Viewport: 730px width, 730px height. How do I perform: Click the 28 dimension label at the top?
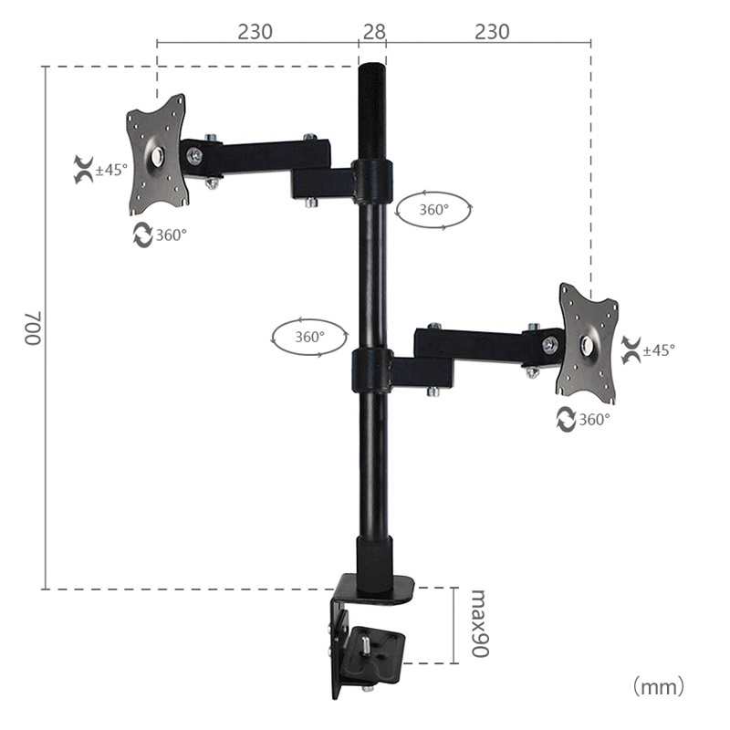pyautogui.click(x=373, y=32)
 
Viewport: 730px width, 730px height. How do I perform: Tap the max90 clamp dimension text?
pyautogui.click(x=480, y=624)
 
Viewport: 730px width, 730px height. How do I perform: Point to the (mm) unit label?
pyautogui.click(x=656, y=684)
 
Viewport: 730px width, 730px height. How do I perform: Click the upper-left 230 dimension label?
pyautogui.click(x=255, y=32)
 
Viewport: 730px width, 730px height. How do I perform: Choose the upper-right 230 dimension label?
pyautogui.click(x=492, y=32)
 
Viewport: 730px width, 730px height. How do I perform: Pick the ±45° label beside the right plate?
pyautogui.click(x=658, y=349)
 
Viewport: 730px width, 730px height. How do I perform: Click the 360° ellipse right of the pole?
pyautogui.click(x=434, y=209)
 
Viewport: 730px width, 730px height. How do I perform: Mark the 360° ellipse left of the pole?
pyautogui.click(x=309, y=336)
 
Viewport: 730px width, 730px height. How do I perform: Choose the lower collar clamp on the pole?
pyautogui.click(x=372, y=370)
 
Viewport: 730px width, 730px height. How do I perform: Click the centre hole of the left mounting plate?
pyautogui.click(x=158, y=154)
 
